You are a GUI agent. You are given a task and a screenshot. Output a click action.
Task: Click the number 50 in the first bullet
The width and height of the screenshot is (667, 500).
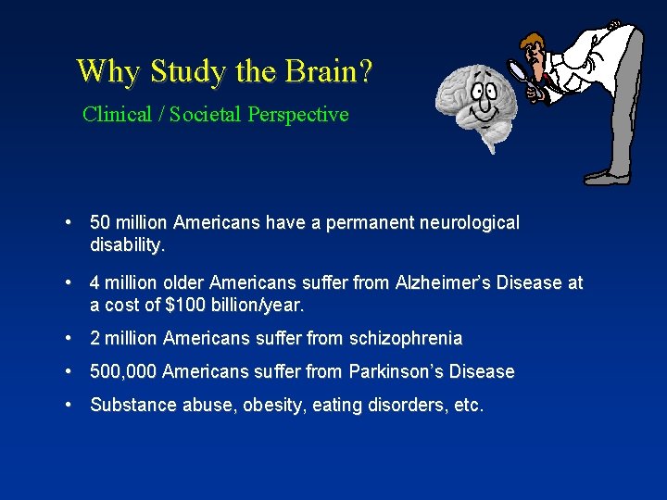pyautogui.click(x=100, y=223)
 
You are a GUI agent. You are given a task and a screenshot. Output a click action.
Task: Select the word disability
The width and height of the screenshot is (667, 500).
pyautogui.click(x=127, y=244)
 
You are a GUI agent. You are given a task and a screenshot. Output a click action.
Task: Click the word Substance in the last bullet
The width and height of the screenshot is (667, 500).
pyautogui.click(x=128, y=405)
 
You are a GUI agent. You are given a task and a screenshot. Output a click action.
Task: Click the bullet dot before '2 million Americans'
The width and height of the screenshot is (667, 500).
pyautogui.click(x=69, y=339)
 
